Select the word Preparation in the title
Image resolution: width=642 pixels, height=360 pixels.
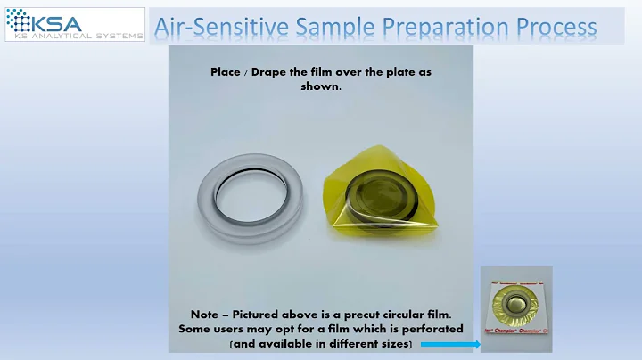447,26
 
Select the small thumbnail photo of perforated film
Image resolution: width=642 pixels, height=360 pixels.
516,308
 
